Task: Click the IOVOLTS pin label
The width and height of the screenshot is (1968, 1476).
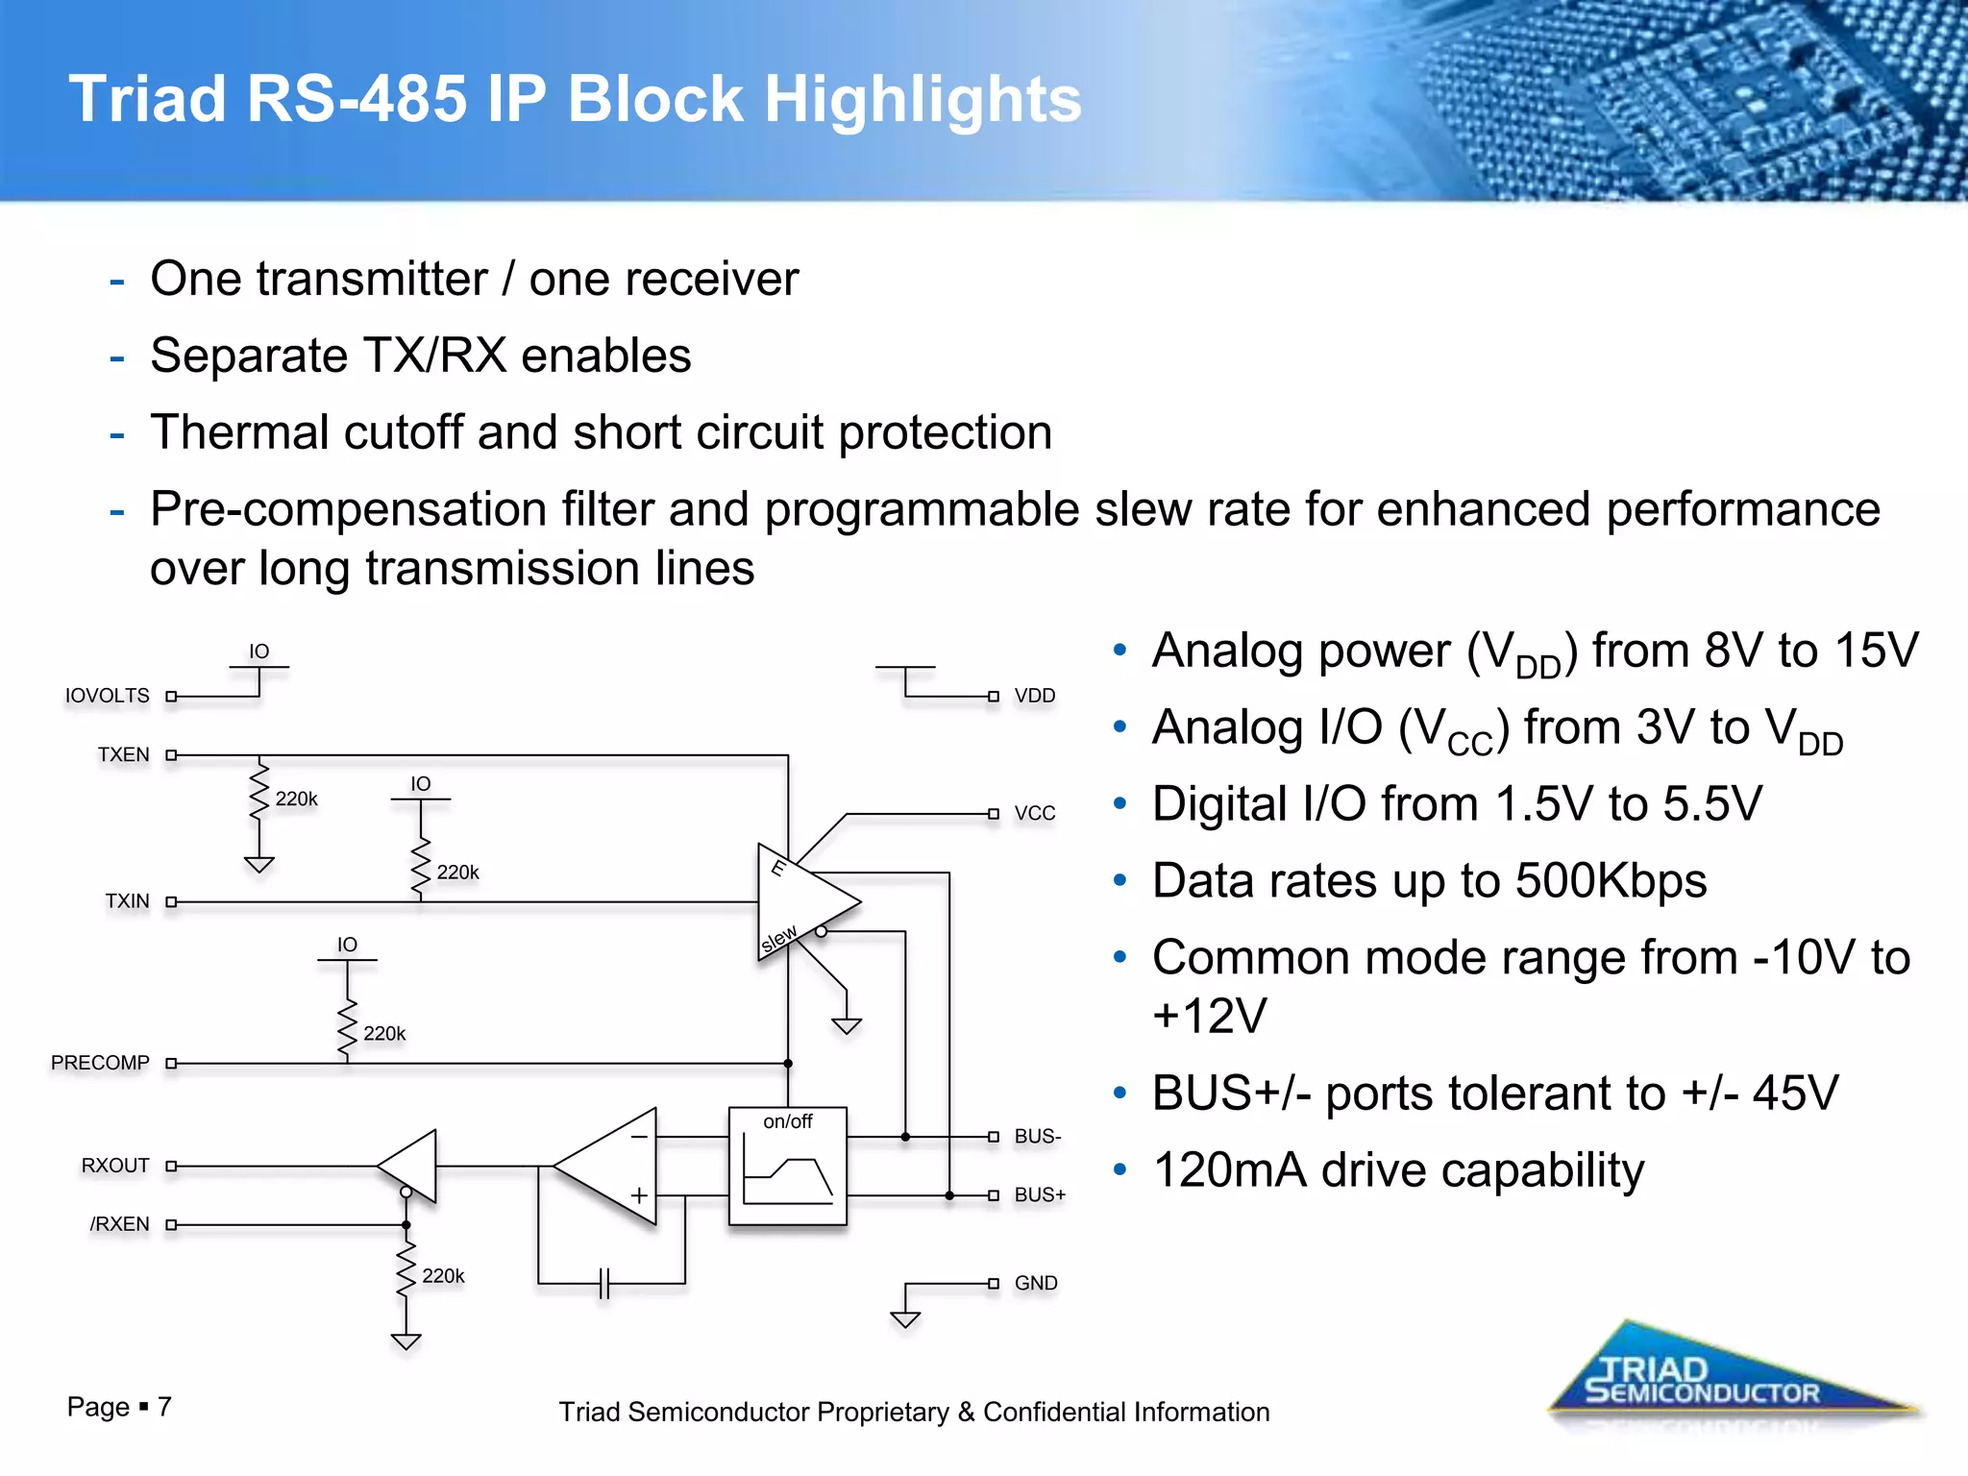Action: (107, 695)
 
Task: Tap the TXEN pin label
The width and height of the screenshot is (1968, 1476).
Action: (123, 754)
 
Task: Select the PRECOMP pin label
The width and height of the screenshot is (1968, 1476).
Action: (100, 1063)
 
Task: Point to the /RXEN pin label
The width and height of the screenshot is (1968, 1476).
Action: (119, 1224)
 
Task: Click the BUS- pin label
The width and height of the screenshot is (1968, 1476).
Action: (1038, 1136)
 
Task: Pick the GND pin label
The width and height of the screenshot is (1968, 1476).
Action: (1036, 1283)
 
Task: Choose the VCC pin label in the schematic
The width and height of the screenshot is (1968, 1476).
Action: (1035, 813)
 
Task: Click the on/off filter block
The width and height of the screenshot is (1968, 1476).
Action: (787, 1166)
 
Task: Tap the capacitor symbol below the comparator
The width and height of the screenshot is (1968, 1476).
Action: (603, 1283)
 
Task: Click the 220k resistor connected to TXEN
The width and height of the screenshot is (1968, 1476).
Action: (258, 794)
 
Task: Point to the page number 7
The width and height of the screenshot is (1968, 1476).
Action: (164, 1407)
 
